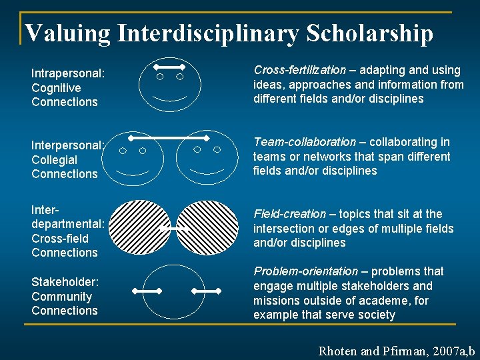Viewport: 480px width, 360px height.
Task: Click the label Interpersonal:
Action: point(67,145)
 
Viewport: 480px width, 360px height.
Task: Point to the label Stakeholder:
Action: point(64,282)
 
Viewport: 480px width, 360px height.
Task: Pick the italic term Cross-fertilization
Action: point(299,70)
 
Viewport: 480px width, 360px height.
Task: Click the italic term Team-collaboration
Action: point(305,142)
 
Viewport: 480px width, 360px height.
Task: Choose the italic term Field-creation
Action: point(289,214)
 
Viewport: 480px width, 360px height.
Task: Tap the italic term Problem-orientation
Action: point(305,271)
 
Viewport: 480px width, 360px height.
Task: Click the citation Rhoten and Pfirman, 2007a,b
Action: point(397,350)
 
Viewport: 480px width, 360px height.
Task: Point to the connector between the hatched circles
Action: point(175,229)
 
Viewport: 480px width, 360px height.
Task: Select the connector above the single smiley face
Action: point(169,67)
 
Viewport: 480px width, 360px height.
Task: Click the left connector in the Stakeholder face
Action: point(147,291)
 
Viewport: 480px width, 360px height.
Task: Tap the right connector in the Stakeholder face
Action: point(206,291)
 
